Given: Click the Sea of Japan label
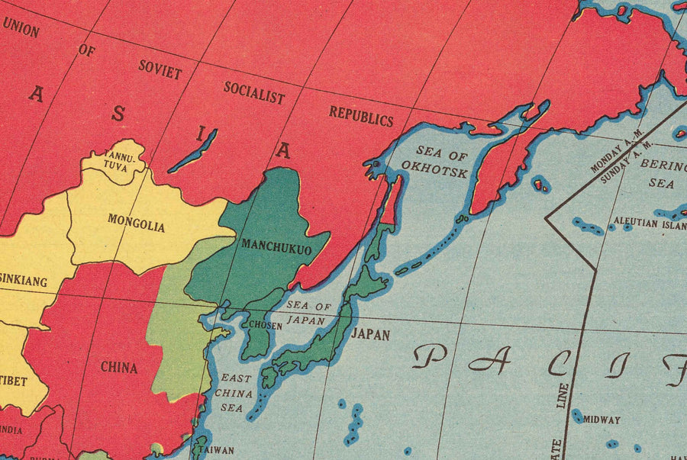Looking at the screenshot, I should [309, 314].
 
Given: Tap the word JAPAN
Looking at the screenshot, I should [371, 334].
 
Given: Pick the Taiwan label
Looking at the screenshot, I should [217, 450].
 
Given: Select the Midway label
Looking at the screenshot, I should [602, 420].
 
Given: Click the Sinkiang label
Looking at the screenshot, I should [23, 281].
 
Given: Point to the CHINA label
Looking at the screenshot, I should [119, 367].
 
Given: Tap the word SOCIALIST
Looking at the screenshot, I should [254, 93].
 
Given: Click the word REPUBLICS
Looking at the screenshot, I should [361, 117].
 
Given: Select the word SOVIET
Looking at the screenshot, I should [160, 69].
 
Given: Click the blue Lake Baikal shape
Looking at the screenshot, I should [192, 151].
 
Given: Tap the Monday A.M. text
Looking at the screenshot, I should [618, 156].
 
